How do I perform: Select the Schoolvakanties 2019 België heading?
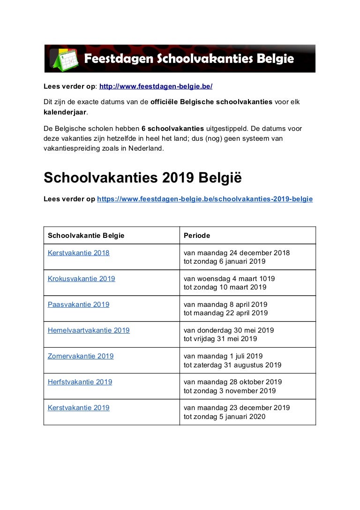[x=142, y=178]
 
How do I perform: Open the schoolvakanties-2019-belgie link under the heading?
[x=204, y=199]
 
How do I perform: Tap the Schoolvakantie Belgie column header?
[x=86, y=236]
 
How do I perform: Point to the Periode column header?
[x=197, y=236]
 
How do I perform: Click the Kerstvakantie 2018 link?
[x=79, y=253]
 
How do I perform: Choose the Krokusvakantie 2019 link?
[x=82, y=279]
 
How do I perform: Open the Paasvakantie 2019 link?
[x=79, y=304]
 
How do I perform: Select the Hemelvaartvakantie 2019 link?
[x=89, y=330]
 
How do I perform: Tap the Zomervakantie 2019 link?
[x=81, y=356]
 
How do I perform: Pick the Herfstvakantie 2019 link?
[x=80, y=382]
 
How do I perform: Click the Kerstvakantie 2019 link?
[x=79, y=408]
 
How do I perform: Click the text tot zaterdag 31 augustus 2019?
[x=232, y=365]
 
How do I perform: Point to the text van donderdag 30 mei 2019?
[x=229, y=330]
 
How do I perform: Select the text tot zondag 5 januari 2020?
[x=225, y=417]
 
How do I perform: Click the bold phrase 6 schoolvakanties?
[x=172, y=128]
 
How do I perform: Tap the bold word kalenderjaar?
[x=65, y=113]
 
